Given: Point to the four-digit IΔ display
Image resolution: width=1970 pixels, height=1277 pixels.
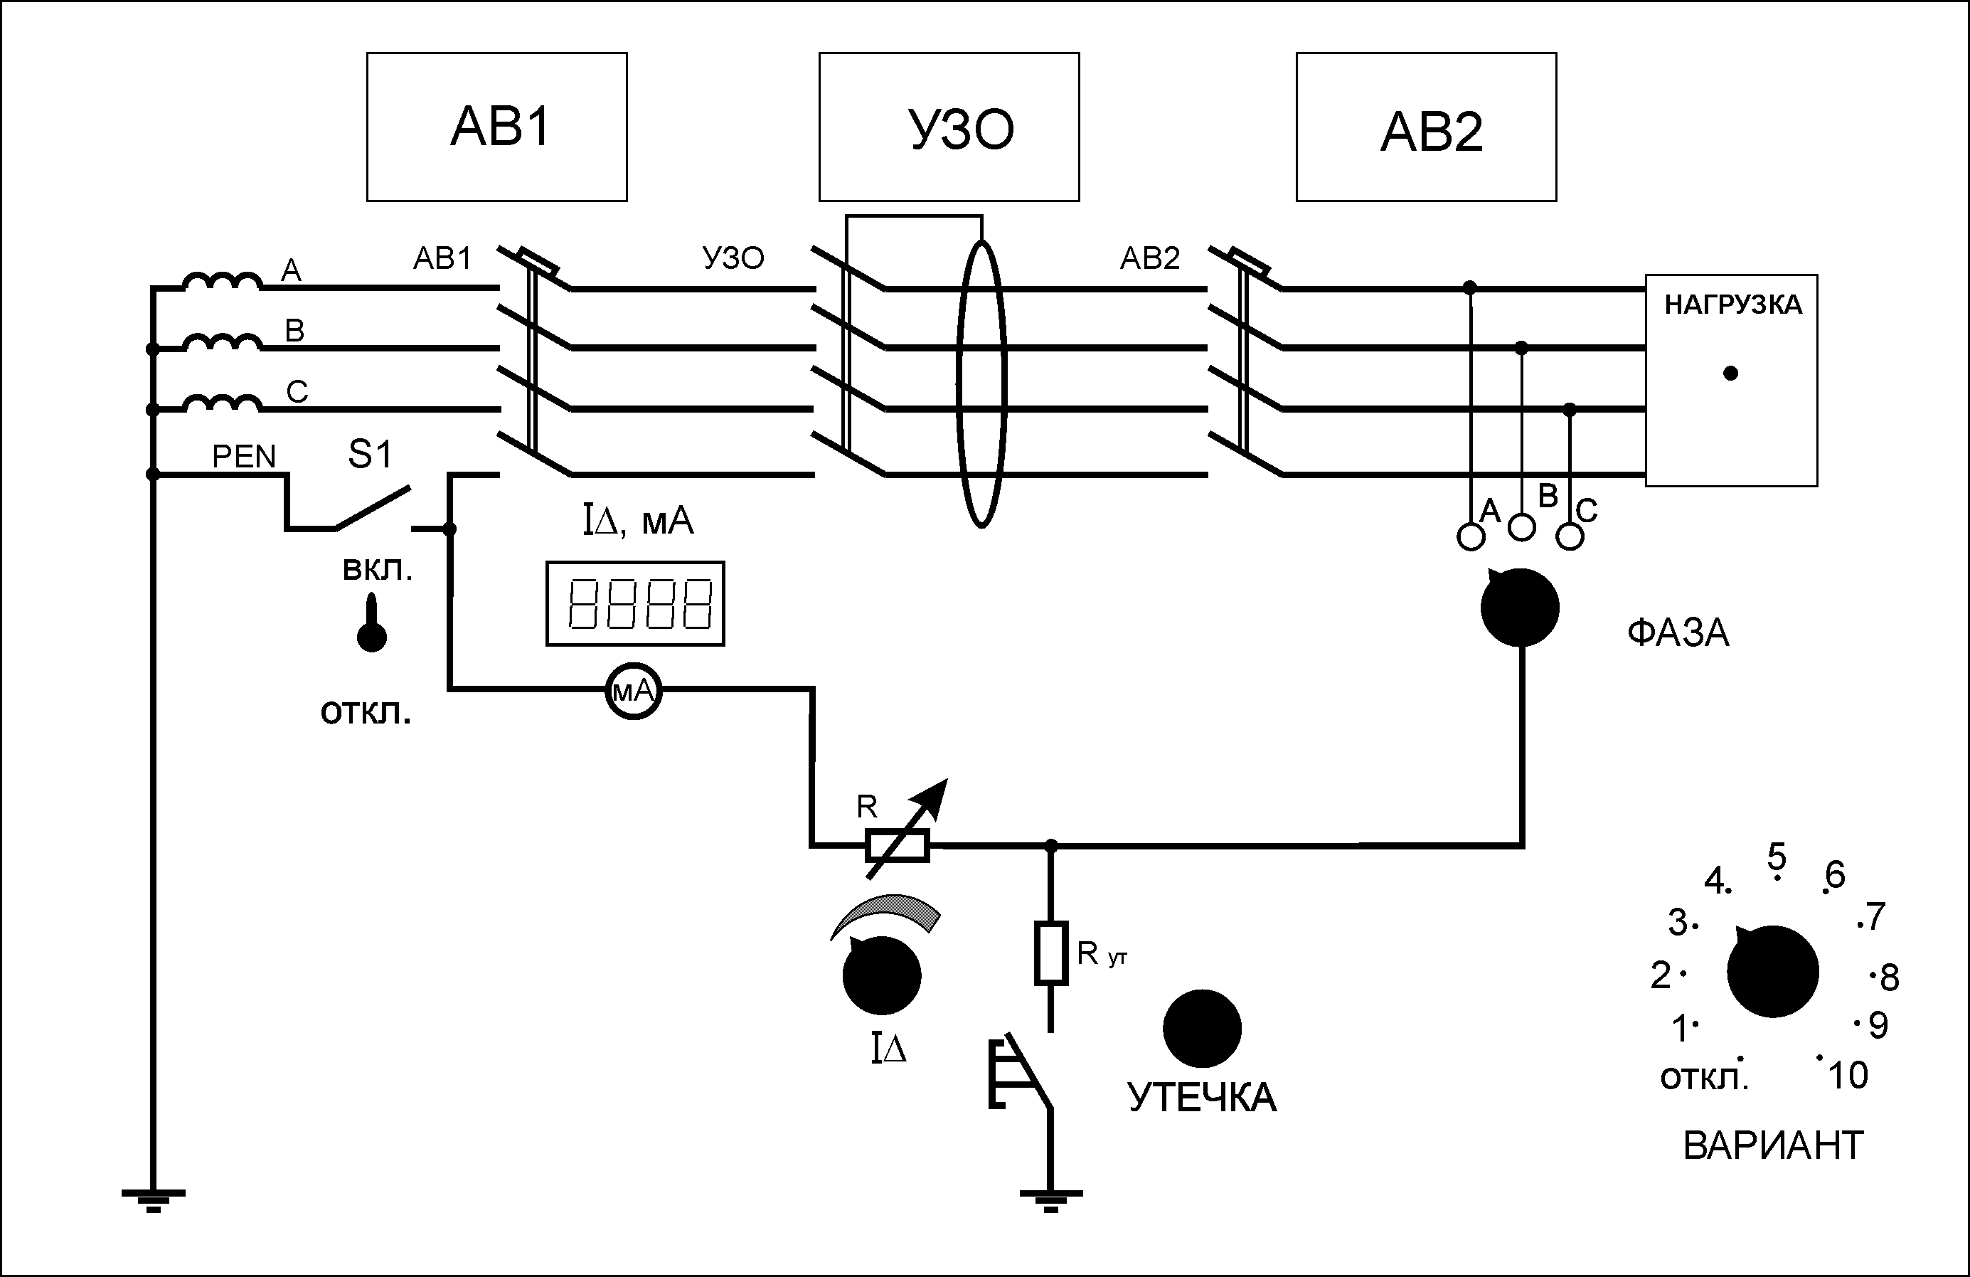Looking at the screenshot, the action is coord(635,603).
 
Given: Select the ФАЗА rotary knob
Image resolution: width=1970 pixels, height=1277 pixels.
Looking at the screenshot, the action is coord(1519,607).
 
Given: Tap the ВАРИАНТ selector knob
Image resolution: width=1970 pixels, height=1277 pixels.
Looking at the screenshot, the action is coord(1772,970).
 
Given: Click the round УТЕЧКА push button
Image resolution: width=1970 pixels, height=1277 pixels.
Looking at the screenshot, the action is coord(1202,1028).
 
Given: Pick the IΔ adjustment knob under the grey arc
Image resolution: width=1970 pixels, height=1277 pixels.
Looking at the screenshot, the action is coord(882,975).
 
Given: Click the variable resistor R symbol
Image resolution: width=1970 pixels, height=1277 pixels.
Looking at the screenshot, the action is coord(898,846).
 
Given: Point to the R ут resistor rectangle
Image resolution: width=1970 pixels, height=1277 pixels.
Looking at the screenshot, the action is coord(1050,953).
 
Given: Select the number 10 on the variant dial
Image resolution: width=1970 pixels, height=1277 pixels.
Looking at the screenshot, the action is coord(1848,1076).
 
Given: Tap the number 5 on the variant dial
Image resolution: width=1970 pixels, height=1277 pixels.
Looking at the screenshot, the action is coord(1777,857).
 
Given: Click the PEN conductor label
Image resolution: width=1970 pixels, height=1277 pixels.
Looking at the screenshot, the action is coord(243,456).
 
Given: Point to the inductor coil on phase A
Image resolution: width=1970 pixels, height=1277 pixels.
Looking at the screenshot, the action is coord(222,282).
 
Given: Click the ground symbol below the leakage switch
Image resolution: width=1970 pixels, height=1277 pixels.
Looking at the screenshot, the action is coord(1050,1201).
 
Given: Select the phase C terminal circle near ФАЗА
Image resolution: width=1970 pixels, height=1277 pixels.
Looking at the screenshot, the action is coord(1570,536).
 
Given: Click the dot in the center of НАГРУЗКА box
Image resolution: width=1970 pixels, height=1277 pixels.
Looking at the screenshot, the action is coord(1730,373).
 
